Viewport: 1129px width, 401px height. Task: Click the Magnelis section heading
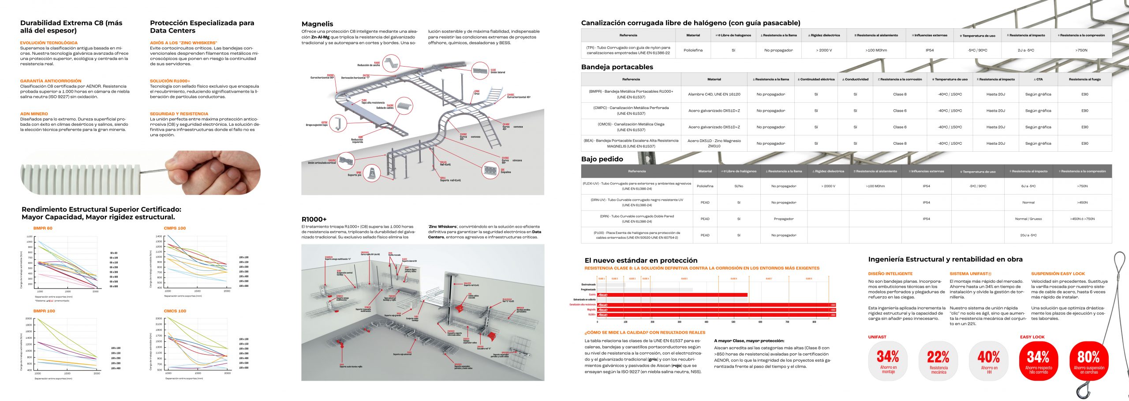coord(317,24)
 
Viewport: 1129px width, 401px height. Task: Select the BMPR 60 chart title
coord(43,228)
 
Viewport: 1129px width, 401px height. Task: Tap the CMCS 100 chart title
coord(175,311)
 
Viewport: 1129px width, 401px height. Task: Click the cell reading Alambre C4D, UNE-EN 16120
coord(714,94)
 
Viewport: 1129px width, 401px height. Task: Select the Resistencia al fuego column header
coord(1084,79)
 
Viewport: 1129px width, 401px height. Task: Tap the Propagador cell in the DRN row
coord(784,219)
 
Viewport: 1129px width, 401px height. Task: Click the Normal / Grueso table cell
coord(1028,219)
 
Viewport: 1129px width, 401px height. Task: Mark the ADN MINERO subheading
coord(34,114)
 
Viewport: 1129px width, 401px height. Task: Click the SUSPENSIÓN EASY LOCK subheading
coord(1058,274)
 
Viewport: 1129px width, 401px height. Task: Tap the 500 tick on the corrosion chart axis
coord(733,322)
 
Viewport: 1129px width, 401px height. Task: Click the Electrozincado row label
coord(588,285)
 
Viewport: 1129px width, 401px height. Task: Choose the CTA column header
coord(1038,79)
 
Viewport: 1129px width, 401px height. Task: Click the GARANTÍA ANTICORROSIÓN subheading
coord(51,81)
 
